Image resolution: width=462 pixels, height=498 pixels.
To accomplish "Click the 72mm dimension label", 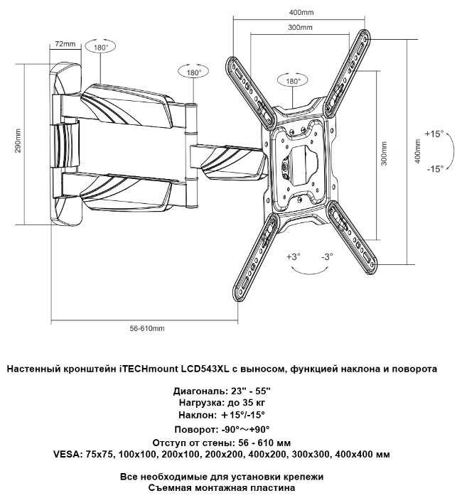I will tap(65, 44).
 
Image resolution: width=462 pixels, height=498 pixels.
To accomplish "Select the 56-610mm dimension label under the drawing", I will tap(148, 328).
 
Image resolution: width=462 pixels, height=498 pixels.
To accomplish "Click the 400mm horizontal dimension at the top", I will tap(302, 13).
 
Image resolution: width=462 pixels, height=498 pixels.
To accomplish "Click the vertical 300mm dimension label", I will tap(384, 152).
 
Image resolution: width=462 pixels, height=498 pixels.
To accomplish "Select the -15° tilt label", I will tap(434, 168).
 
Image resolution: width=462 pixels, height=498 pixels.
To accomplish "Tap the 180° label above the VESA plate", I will tap(292, 82).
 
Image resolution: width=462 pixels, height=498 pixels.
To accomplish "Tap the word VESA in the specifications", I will tap(66, 453).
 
